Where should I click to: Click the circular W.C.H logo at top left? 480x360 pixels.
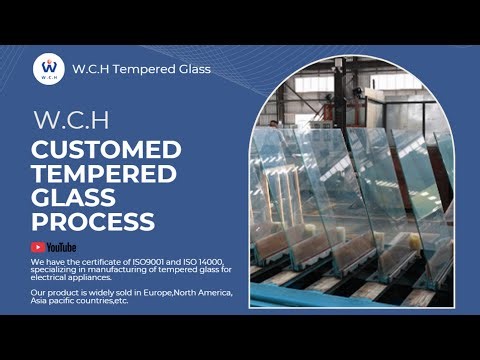(x=49, y=67)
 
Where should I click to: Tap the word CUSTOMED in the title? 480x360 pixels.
(x=107, y=150)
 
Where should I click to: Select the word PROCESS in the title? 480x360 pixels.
(x=93, y=221)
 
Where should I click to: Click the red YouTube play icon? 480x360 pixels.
(x=38, y=247)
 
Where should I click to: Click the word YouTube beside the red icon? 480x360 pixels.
(x=60, y=247)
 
